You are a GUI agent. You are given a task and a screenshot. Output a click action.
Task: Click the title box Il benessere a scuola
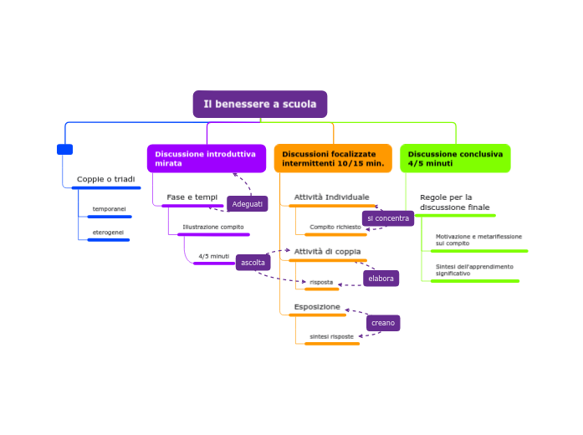tap(260, 105)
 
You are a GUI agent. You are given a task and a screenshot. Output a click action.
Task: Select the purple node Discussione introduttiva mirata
tap(206, 158)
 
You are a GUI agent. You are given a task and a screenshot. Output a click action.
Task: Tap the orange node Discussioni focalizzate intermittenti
tap(333, 158)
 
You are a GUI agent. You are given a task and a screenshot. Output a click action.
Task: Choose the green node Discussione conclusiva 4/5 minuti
tap(455, 158)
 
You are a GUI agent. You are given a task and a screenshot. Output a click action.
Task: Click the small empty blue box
tap(64, 150)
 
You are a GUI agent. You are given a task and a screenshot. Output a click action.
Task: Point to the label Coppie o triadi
tap(105, 179)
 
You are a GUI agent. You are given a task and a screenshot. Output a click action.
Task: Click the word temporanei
tap(109, 208)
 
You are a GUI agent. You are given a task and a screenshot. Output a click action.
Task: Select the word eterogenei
tap(108, 232)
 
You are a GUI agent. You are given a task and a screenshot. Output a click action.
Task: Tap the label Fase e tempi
tap(192, 197)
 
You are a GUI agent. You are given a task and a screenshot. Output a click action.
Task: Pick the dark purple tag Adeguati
tap(248, 204)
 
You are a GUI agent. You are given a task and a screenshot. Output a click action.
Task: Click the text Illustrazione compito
tap(213, 227)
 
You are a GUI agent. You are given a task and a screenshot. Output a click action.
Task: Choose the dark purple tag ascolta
tap(253, 263)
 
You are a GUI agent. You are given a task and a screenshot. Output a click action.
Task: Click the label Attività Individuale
tap(331, 197)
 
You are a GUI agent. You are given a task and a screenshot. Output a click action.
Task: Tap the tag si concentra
tap(388, 218)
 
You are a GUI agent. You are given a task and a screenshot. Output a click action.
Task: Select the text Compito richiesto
tap(335, 227)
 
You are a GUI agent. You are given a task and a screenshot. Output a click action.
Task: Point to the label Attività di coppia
tap(328, 251)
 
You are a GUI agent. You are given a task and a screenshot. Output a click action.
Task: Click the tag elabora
tap(381, 279)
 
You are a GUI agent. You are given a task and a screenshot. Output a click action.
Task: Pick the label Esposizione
tap(317, 307)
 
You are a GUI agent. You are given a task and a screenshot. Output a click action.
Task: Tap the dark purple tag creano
tap(383, 323)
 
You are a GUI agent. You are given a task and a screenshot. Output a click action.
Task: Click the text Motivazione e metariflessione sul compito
tap(478, 239)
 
